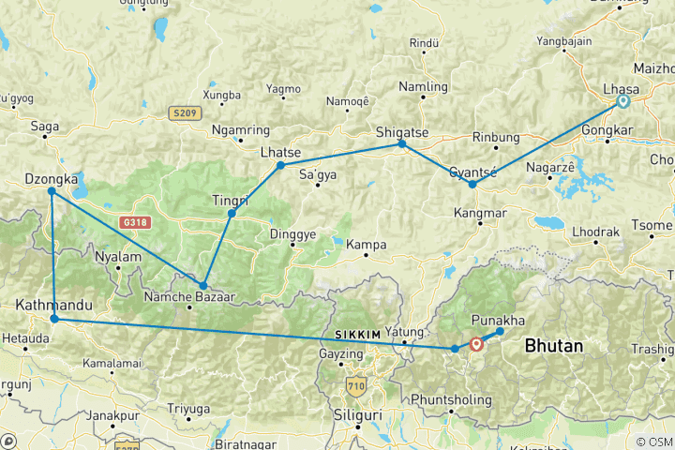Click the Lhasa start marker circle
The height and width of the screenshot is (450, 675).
point(622,101)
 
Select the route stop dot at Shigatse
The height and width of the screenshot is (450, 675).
point(402,143)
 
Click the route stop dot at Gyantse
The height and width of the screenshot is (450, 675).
point(472,184)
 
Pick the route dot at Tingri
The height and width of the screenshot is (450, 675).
point(232,214)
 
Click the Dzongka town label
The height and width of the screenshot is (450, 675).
point(49,179)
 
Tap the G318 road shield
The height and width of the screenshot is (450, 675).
point(135,223)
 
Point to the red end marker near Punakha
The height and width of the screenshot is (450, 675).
point(477,344)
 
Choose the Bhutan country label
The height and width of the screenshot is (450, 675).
point(554,346)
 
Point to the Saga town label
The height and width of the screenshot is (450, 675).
point(45,126)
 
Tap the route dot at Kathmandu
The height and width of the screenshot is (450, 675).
point(54,320)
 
